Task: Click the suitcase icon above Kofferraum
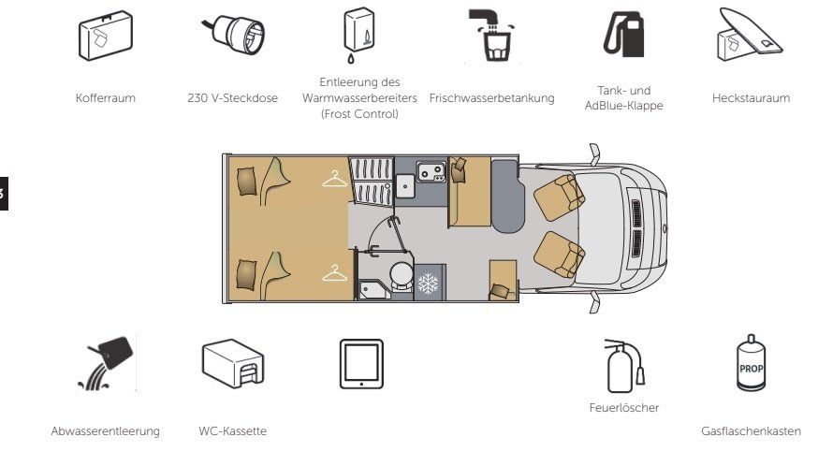106,36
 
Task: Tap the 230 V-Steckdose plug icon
234,35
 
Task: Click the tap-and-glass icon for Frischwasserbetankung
492,35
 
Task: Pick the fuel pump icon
624,35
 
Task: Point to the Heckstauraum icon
750,35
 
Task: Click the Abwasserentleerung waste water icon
107,363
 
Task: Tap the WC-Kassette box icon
233,363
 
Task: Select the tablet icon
361,364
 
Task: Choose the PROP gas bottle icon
751,363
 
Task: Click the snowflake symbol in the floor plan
429,284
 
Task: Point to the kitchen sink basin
405,186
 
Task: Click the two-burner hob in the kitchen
431,171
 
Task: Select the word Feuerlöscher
624,408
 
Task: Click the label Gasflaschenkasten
751,431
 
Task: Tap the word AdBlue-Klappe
624,106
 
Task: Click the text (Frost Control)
359,114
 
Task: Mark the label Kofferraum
106,97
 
